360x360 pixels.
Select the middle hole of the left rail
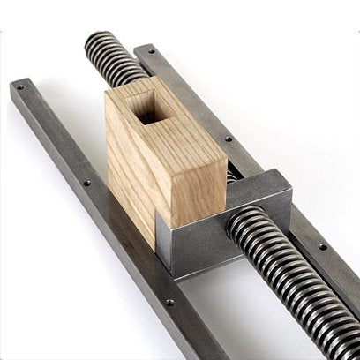(86, 183)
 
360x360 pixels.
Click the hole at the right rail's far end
(151, 52)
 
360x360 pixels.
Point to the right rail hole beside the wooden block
(229, 139)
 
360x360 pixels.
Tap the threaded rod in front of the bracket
(291, 265)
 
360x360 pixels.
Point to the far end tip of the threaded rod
(92, 39)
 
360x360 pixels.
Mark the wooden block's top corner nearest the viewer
(168, 141)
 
